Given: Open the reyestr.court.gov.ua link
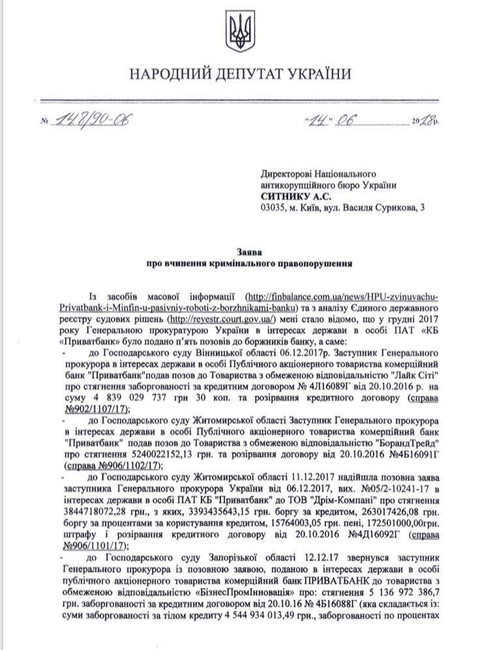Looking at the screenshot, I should point(222,318).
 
